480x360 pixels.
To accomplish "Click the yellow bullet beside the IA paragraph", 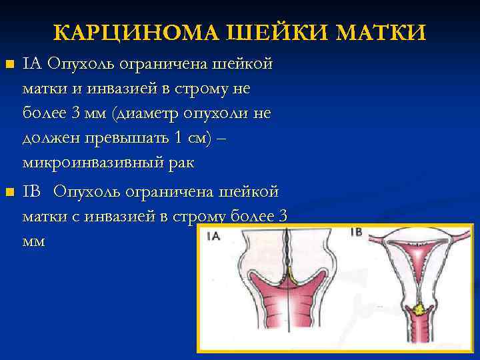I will (9, 65).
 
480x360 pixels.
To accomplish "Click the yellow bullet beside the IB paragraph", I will (9, 193).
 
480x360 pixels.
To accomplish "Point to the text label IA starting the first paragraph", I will (32, 64).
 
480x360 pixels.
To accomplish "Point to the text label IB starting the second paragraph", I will (32, 192).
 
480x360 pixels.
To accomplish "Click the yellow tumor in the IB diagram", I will (421, 309).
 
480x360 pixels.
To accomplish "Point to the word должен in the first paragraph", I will (49, 138).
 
